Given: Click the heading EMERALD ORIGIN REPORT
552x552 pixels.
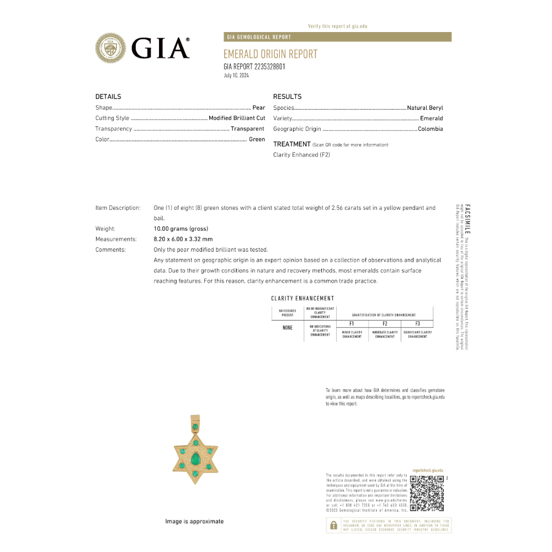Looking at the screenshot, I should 270,54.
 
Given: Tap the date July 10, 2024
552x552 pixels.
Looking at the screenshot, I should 236,76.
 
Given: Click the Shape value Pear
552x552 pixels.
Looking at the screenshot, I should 259,108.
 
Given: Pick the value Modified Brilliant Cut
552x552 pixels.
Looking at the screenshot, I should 237,118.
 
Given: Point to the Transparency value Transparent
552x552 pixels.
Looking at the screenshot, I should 248,129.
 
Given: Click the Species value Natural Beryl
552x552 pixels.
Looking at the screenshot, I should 425,108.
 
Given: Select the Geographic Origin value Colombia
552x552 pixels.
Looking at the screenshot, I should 430,129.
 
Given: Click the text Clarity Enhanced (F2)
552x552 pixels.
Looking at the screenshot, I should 301,155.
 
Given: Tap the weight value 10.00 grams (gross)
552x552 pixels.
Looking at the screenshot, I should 181,229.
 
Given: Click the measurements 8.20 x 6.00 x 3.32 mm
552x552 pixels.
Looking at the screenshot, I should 183,239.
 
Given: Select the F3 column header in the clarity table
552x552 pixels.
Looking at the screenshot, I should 417,323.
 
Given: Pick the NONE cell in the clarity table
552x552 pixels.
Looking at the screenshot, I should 288,328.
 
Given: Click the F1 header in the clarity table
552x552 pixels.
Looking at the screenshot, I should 352,323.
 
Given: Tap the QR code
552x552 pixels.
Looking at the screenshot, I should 427,492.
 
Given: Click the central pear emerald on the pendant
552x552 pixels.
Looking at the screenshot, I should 195,459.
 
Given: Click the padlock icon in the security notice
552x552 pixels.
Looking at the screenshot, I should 333,526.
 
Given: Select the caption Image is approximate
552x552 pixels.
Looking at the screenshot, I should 194,521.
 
